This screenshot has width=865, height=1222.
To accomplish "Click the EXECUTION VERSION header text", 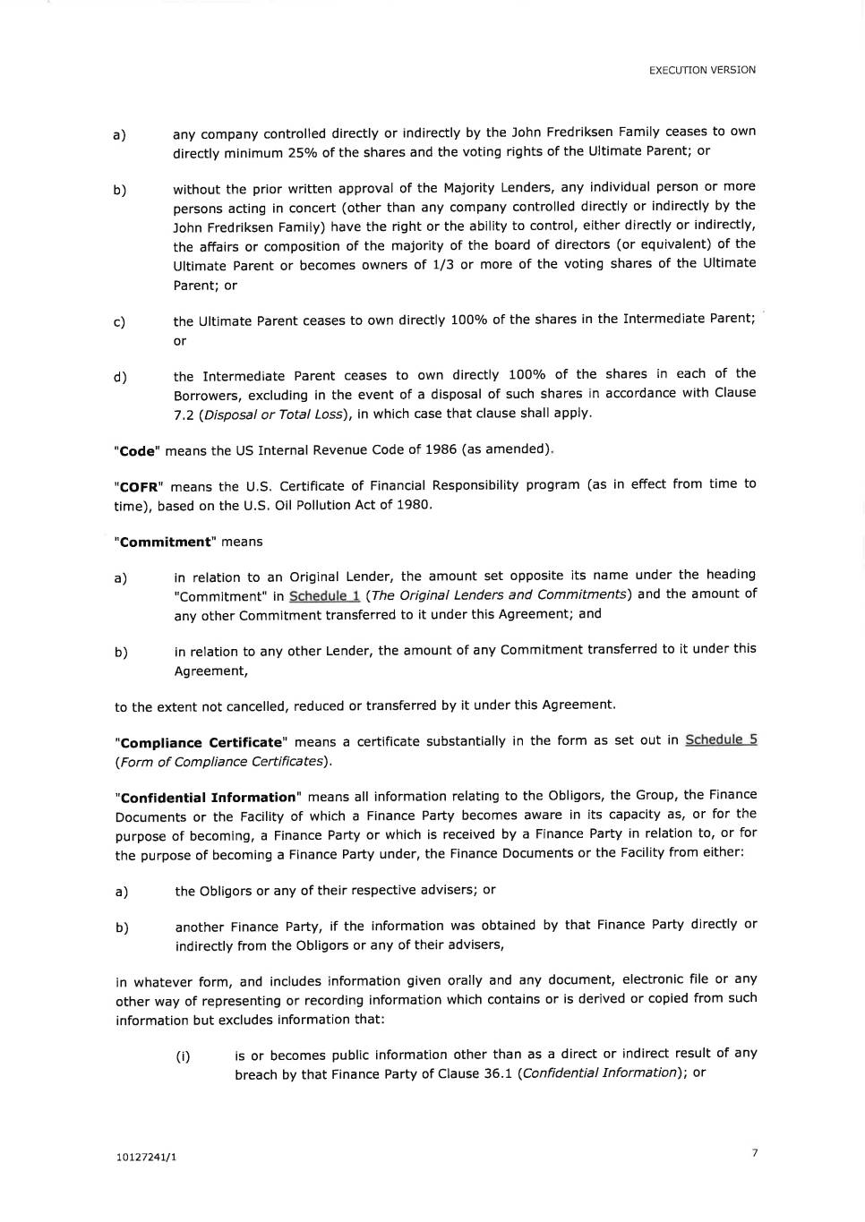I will pos(702,70).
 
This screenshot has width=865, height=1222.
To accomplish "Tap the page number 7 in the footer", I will pos(755,1153).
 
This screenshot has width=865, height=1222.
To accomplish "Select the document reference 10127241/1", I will pos(146,1157).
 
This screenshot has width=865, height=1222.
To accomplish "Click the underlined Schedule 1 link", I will pos(324,595).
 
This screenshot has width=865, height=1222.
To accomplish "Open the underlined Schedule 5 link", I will pos(721,739).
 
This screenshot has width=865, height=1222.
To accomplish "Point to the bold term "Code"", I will pos(137,451).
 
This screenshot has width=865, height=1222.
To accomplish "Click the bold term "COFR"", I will pos(139,488).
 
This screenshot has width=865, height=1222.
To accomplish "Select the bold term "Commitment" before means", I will pos(166,543).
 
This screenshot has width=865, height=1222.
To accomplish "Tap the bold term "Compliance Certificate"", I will pos(201,743).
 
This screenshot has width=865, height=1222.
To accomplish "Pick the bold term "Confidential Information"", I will pos(208,798).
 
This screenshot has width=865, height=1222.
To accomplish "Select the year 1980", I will pos(414,505).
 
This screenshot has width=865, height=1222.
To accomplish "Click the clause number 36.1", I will pos(497,1073).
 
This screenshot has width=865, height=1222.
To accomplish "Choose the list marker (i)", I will pos(183,1056).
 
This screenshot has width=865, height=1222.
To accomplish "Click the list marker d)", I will pos(120,377).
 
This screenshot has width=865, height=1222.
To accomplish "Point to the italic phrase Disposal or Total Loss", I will pos(276,414).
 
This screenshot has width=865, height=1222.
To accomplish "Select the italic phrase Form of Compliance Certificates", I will pos(221,762).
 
